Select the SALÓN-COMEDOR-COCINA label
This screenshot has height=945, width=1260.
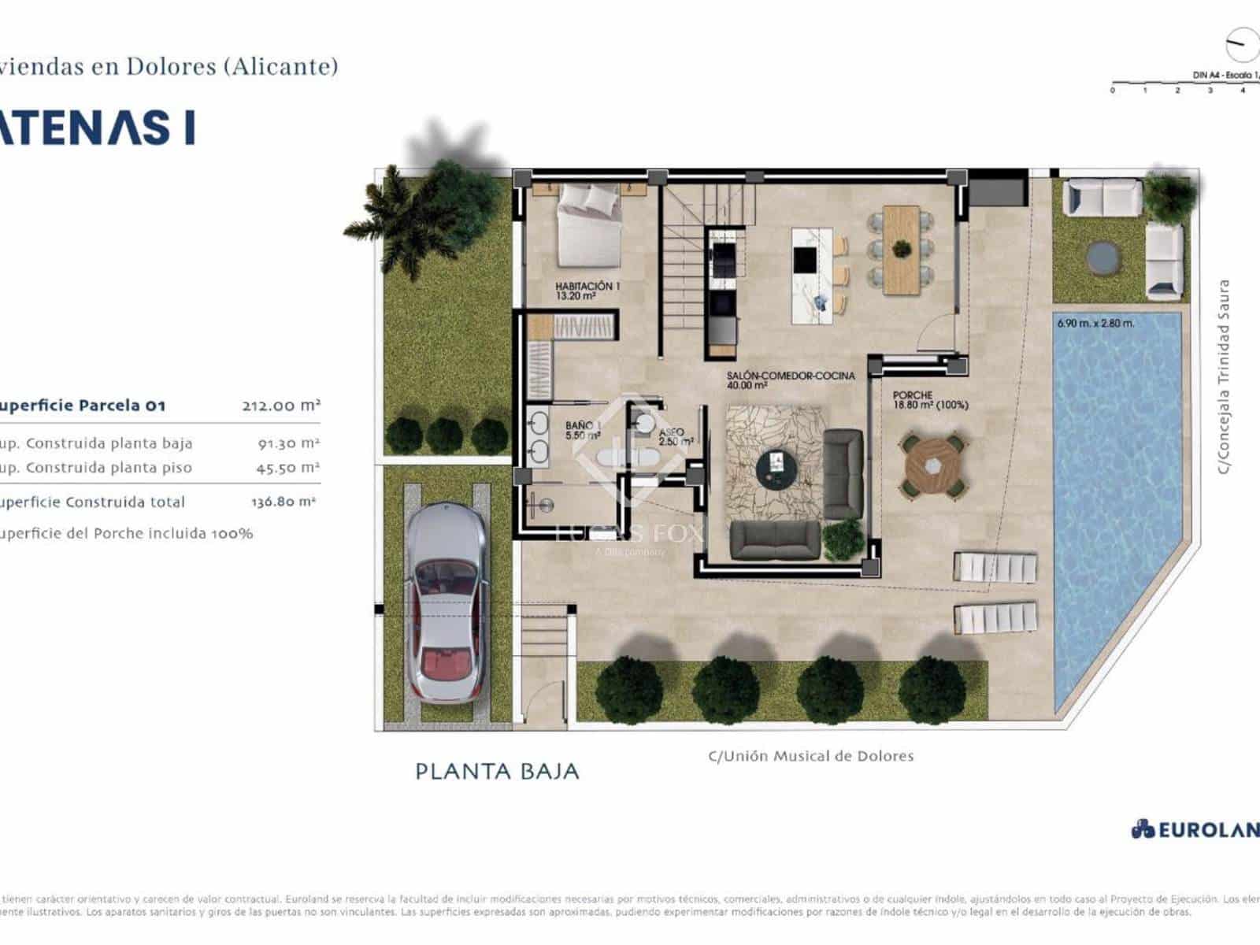(790, 380)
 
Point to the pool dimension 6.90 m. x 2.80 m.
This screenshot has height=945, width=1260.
(1095, 323)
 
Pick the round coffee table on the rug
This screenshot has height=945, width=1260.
(776, 469)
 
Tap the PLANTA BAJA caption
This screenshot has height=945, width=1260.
(497, 771)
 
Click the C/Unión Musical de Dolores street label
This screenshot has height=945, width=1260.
(811, 756)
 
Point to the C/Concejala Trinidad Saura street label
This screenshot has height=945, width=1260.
(1223, 376)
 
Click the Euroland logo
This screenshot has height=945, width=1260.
(1193, 829)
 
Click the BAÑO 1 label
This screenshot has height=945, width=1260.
(583, 430)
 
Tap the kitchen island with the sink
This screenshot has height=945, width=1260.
(812, 275)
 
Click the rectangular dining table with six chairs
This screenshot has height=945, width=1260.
(901, 250)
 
